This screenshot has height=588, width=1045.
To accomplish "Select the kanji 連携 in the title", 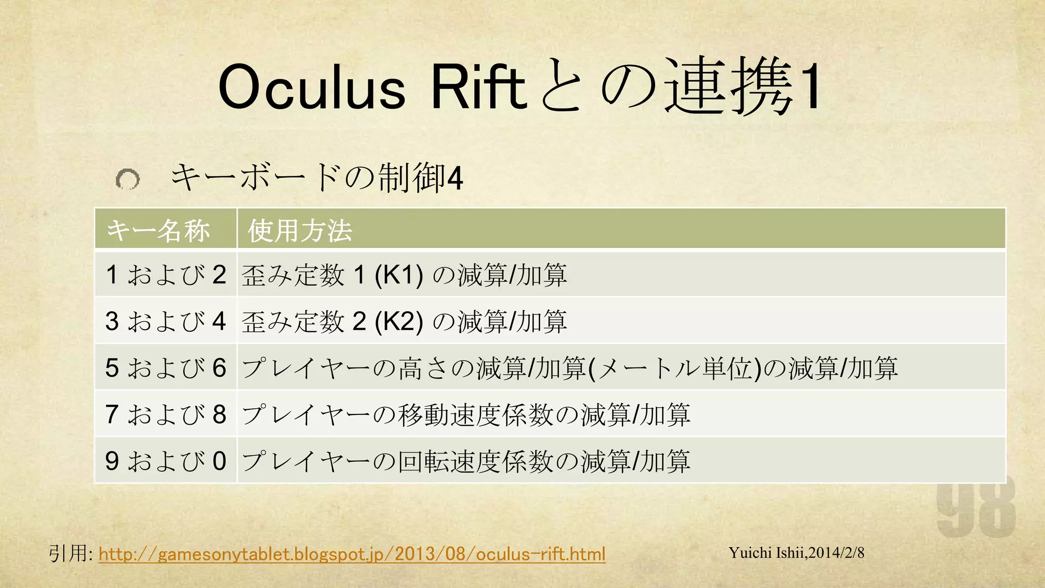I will pos(730,87).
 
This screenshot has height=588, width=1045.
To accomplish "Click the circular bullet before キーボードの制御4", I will pos(128,179).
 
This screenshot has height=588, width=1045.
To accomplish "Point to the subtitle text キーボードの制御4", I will pos(316,178).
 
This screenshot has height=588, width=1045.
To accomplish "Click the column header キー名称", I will pos(158,230).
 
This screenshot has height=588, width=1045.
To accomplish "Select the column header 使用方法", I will pos(300,230).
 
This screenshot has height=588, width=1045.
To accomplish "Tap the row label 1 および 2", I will pos(166,275).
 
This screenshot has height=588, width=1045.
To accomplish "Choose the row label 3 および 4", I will pos(166,322).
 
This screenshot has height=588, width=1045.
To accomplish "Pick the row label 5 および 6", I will pos(166,368).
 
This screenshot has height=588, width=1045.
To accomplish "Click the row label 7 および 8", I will pos(166,414).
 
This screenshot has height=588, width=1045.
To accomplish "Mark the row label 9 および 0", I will pos(166,461).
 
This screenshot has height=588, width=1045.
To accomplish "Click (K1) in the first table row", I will pos(399,275).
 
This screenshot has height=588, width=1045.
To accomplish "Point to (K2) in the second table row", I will pos(399,322).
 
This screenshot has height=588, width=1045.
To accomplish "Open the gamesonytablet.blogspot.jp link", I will pos(352,554).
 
